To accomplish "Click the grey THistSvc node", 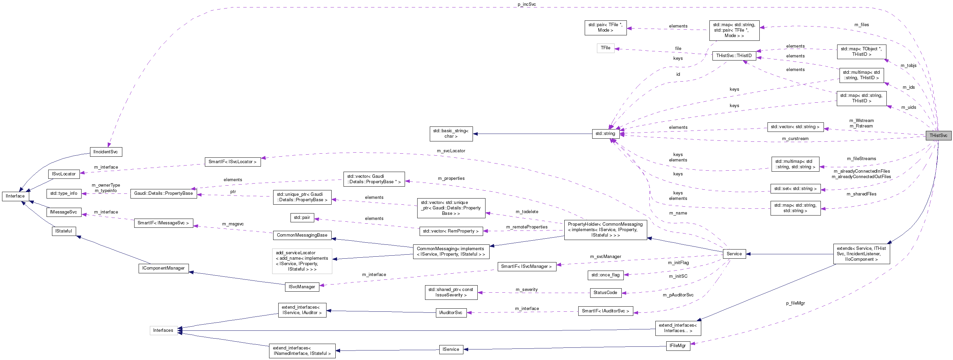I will coord(938,135).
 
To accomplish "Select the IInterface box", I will coord(15,196).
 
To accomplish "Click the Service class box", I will coord(734,254).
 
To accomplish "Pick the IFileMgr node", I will coord(677,346).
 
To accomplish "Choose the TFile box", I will coord(605,48).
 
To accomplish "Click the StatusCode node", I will coord(605,293).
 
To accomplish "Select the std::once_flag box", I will coord(605,275).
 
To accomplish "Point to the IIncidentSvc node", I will coord(105,152).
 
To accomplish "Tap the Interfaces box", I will coord(163,330).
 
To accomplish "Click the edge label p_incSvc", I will coord(527,4).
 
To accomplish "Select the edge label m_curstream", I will coord(795,139).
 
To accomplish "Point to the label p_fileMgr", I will coord(795,303).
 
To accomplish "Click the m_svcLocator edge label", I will coord(451,151).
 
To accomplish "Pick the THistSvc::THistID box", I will coord(734,56).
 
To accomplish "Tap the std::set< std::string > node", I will coord(795,189).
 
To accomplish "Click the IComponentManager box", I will coord(163,268).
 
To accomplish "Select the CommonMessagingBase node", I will coord(302,235).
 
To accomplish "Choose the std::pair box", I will coord(301,218).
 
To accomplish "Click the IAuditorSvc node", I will coord(450,313).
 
